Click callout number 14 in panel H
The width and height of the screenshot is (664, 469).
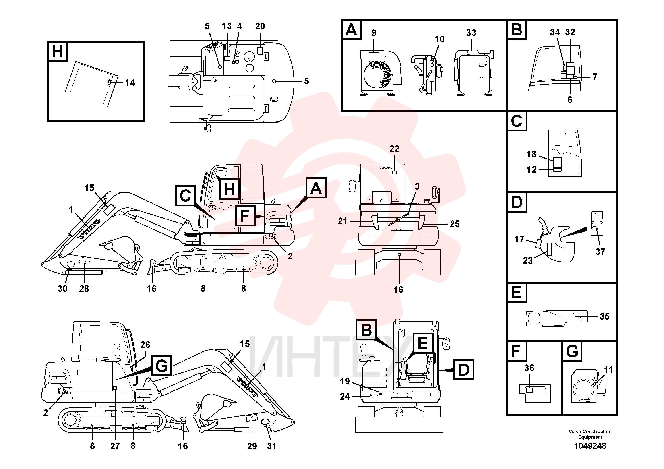130,83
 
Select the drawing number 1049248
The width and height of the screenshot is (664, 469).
590,446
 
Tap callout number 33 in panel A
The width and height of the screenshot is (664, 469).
471,33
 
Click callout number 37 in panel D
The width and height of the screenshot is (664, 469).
600,252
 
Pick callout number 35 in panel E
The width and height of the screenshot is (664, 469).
604,316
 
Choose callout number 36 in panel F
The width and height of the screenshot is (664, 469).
529,368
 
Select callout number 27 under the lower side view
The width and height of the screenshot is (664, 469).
115,446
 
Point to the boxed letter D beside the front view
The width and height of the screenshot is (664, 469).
463,370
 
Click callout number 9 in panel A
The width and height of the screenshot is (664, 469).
374,33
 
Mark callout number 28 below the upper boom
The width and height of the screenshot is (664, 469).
84,289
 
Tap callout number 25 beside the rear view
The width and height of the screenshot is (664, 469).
455,224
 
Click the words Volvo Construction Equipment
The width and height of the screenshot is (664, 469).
590,434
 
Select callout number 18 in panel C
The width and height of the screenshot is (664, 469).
531,154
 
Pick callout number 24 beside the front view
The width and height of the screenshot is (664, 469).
345,397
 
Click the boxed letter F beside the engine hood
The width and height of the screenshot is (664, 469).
245,216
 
